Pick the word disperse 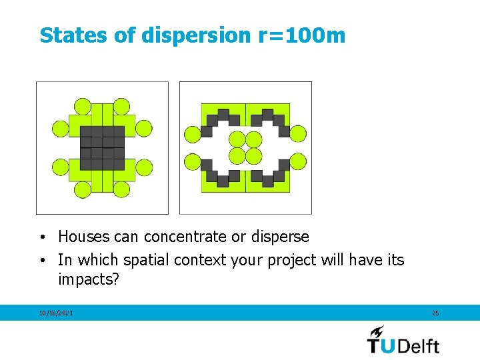pos(281,237)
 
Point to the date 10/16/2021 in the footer pos(56,313)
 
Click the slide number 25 pos(435,313)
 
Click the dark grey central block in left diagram pos(102,147)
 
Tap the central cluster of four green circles pos(245,147)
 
